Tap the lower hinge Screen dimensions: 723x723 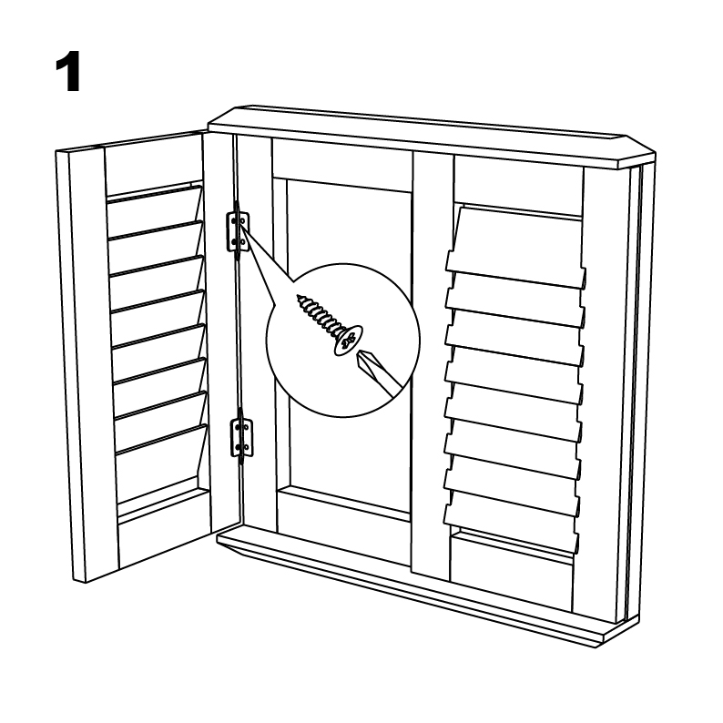click(x=241, y=437)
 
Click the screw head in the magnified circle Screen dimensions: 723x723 click(x=347, y=341)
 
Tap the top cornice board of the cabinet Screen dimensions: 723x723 click(x=431, y=137)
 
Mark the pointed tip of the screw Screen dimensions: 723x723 click(x=299, y=297)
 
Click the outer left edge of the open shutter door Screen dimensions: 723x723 click(x=70, y=366)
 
